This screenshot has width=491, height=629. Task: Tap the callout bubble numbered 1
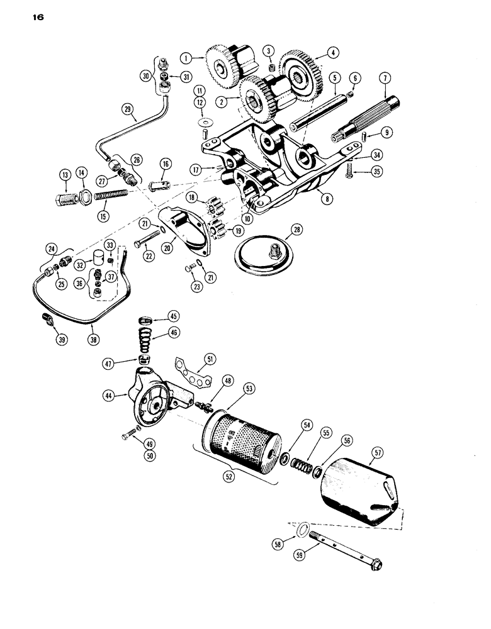coord(185,57)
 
